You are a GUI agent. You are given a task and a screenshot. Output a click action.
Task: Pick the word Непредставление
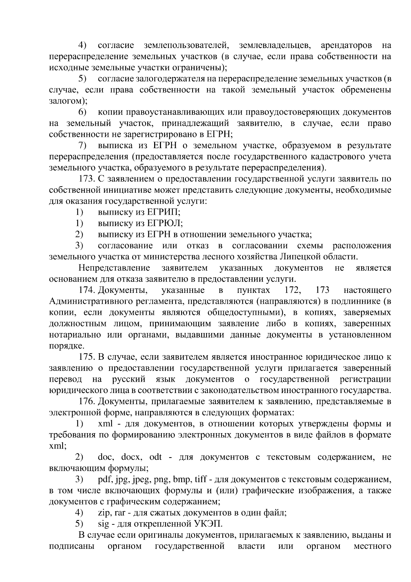(x=114, y=268)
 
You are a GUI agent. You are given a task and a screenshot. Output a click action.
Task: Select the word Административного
(x=92, y=301)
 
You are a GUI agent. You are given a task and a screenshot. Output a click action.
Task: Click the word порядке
(x=66, y=346)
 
